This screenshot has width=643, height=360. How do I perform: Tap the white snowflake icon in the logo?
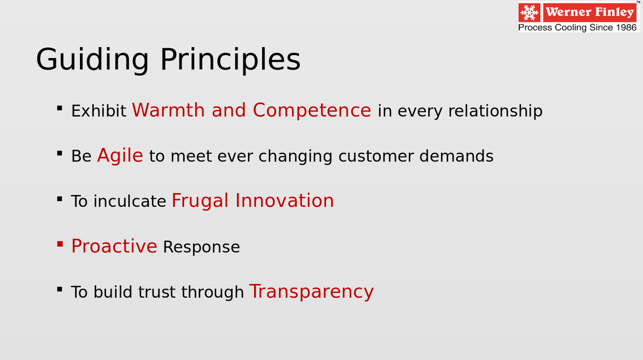[530, 13]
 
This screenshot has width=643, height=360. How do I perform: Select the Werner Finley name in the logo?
[590, 12]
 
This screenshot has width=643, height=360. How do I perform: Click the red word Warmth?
[168, 110]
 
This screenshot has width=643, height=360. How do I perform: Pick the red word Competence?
[312, 110]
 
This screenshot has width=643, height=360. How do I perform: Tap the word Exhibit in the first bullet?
[99, 111]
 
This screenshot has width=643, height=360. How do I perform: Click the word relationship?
[495, 112]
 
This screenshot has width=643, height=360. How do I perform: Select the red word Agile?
[120, 156]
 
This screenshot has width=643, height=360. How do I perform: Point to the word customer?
[377, 157]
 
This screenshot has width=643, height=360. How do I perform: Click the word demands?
[456, 156]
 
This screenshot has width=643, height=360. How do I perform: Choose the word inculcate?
[130, 201]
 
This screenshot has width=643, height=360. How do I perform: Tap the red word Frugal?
[200, 201]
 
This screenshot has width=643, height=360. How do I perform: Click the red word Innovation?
[284, 200]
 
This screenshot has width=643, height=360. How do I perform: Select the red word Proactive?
[114, 246]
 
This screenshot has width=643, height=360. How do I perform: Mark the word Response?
[201, 247]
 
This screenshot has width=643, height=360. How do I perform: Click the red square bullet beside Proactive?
[60, 244]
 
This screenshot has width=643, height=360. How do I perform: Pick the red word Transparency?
[311, 292]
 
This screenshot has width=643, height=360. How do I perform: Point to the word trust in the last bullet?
[157, 292]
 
